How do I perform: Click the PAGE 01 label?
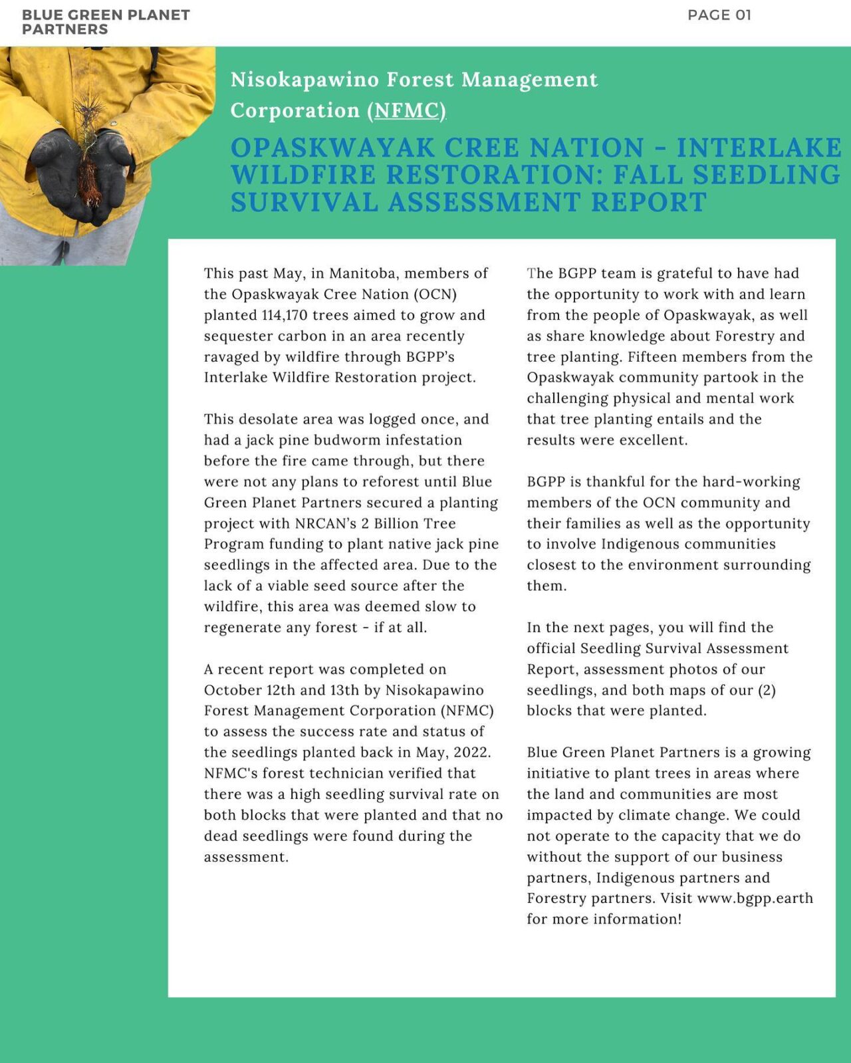[x=719, y=15]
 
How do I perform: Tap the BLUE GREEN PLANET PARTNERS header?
[x=105, y=22]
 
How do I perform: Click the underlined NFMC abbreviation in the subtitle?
[x=407, y=110]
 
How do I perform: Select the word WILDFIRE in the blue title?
[x=304, y=175]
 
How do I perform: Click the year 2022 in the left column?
[x=471, y=753]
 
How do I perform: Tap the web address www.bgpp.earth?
[x=755, y=898]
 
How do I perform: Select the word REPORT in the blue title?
[x=648, y=202]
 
